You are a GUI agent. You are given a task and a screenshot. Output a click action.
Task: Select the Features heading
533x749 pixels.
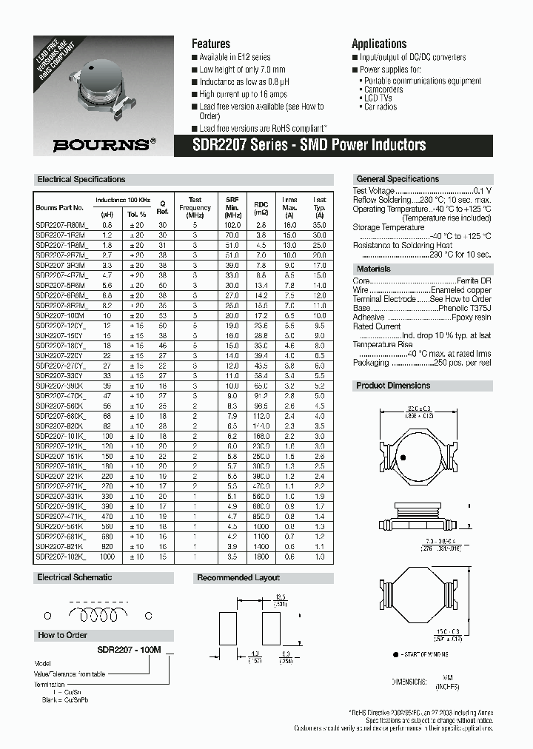pyautogui.click(x=211, y=44)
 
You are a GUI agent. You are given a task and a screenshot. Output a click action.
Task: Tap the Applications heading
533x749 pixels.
pyautogui.click(x=379, y=44)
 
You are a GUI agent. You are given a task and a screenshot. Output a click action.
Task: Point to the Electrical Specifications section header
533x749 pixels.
pyautogui.click(x=81, y=179)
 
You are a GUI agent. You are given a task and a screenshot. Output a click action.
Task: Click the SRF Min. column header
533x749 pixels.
pyautogui.click(x=232, y=204)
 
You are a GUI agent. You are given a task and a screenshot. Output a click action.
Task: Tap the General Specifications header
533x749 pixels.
pyautogui.click(x=398, y=179)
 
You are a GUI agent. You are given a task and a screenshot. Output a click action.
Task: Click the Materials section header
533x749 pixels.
pyautogui.click(x=374, y=269)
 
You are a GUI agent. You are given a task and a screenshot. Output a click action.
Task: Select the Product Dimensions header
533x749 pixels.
pyautogui.click(x=393, y=386)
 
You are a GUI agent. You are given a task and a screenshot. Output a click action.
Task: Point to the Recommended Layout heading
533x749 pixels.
pyautogui.click(x=238, y=577)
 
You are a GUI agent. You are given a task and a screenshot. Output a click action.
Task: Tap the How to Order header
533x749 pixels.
pyautogui.click(x=62, y=635)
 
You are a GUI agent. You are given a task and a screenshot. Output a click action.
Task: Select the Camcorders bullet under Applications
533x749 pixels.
pyautogui.click(x=383, y=89)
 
